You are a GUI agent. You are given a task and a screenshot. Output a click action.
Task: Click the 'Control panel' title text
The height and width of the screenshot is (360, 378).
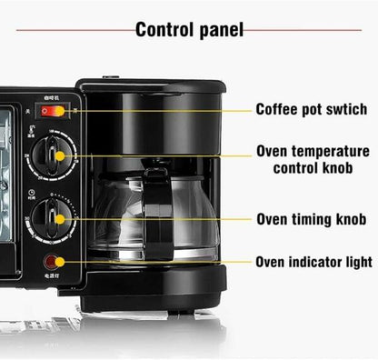(x=189, y=29)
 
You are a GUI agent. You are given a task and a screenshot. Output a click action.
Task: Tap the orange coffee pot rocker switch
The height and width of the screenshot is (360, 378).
(x=53, y=111)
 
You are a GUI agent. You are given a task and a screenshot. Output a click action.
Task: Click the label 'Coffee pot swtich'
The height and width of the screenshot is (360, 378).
(x=311, y=109)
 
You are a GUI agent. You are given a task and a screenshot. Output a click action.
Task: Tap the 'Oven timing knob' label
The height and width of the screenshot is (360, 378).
(x=311, y=219)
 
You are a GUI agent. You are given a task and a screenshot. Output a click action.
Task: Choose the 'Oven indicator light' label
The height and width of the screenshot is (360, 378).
(x=313, y=263)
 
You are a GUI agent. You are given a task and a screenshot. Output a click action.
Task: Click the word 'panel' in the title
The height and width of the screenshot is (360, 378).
(x=215, y=29)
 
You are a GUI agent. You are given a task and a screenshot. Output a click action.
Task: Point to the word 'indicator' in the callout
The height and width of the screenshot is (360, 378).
(x=313, y=263)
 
